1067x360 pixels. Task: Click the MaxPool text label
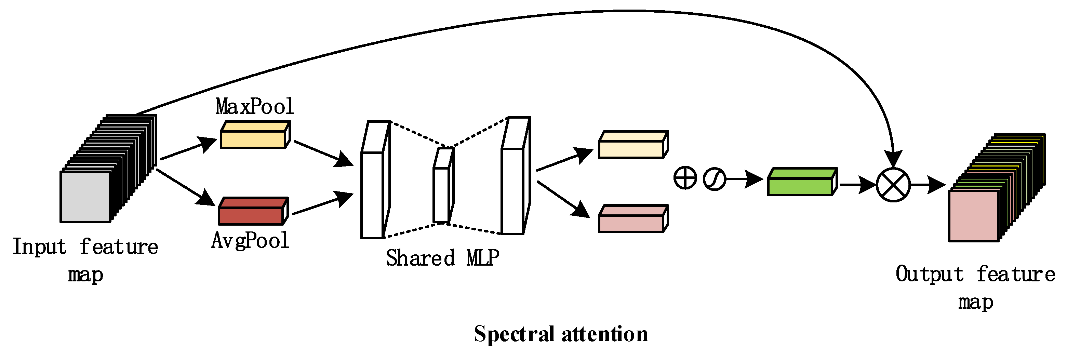tap(254, 106)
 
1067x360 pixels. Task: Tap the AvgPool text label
tap(250, 240)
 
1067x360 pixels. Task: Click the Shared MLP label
tap(442, 258)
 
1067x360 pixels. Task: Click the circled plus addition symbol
tap(685, 178)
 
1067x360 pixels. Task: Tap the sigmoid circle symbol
tap(714, 179)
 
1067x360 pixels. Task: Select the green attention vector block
tap(801, 186)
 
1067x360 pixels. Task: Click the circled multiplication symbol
tap(893, 185)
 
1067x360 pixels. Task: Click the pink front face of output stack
tap(974, 216)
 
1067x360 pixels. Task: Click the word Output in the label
tap(929, 274)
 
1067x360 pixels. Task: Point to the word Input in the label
tap(39, 247)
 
